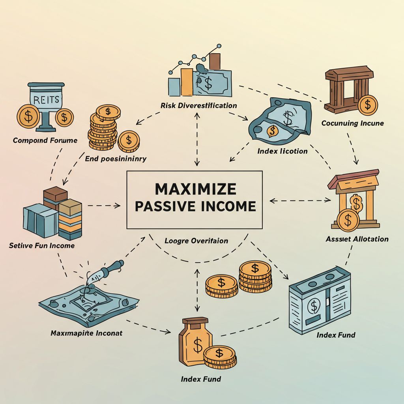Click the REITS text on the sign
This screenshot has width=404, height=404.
[x=47, y=100]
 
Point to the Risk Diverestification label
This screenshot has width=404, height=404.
[x=199, y=106]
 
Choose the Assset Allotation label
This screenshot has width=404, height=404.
[x=357, y=239]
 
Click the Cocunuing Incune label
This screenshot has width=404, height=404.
[x=352, y=123]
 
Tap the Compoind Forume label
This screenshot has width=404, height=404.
[x=45, y=140]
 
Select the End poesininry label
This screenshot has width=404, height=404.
[x=116, y=159]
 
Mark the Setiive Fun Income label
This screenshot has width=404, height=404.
[x=41, y=245]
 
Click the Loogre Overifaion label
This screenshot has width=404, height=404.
[x=196, y=241]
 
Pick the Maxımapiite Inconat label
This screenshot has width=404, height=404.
[x=86, y=333]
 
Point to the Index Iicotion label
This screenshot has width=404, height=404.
[x=282, y=151]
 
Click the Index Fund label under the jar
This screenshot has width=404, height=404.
[x=201, y=379]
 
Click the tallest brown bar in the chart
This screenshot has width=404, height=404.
[x=215, y=62]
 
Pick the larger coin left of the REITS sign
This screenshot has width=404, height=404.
[x=28, y=116]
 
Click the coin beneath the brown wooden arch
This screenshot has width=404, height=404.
[x=367, y=105]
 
